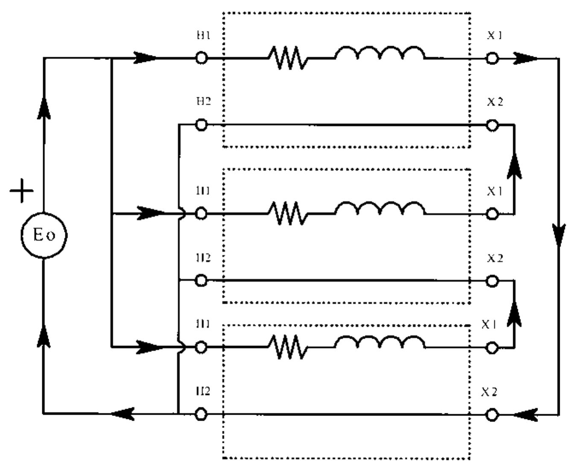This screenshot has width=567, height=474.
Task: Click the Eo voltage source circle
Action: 44,235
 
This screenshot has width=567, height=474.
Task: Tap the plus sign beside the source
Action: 21,191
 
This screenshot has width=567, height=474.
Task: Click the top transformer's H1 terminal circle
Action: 201,58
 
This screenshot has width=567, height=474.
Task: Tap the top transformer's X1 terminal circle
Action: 492,58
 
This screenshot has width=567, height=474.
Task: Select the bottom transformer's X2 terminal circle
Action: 492,414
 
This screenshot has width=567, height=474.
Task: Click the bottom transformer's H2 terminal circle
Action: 201,414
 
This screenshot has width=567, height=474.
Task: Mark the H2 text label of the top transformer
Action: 203,102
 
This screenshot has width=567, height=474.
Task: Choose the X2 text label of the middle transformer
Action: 495,258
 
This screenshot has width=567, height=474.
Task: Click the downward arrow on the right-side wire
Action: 558,235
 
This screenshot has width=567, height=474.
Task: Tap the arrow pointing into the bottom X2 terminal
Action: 525,414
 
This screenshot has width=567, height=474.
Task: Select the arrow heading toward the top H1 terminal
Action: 145,58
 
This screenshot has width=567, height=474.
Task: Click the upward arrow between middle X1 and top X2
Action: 514,166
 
